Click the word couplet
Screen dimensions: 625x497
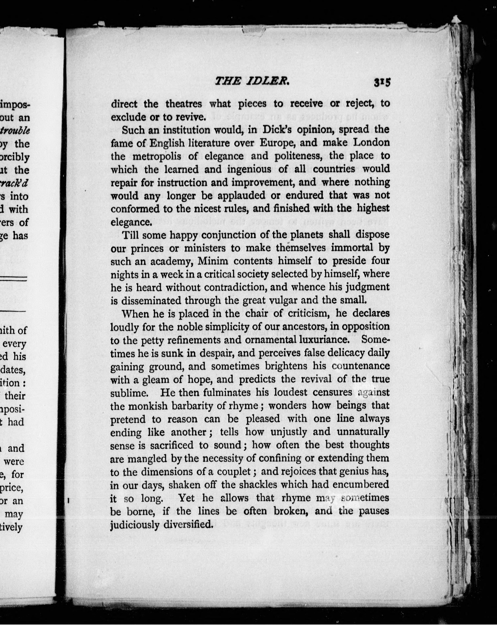235,472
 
